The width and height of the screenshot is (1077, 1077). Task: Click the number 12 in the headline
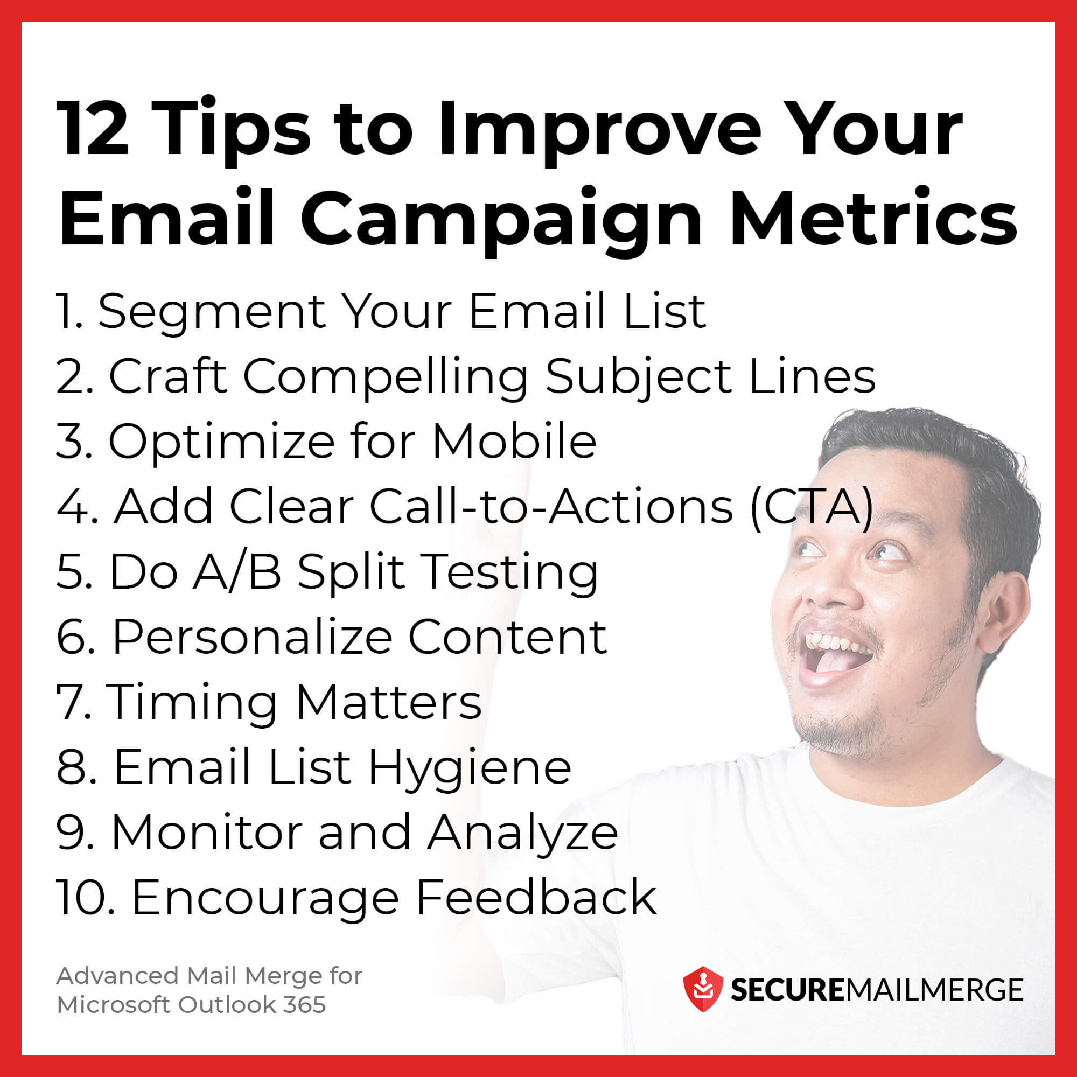click(x=93, y=129)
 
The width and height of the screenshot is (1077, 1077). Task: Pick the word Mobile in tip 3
click(x=514, y=442)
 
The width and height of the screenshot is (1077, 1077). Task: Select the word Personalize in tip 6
click(x=252, y=637)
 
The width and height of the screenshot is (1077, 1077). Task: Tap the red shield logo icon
click(x=703, y=989)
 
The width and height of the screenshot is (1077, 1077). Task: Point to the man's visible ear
click(x=1005, y=613)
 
